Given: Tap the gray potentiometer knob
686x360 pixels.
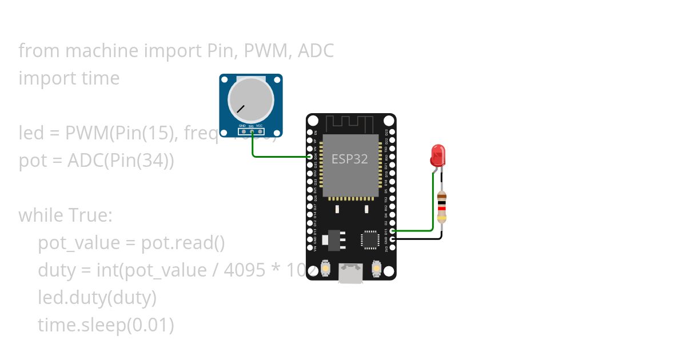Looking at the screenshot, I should tap(251, 98).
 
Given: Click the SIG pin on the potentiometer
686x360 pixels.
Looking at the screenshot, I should tap(251, 131).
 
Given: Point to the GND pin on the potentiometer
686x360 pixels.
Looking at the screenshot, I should tap(242, 131).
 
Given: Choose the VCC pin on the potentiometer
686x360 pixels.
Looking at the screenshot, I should tap(260, 131).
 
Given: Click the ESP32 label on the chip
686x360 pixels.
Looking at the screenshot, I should tap(350, 159).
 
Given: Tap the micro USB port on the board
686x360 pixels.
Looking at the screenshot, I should tap(351, 273).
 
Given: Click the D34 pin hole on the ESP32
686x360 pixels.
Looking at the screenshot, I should tap(310, 157).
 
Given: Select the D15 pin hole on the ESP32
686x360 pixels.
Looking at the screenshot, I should tap(392, 231).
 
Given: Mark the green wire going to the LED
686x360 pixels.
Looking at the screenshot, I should tap(433, 206).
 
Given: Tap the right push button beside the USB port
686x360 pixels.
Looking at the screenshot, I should tap(376, 268).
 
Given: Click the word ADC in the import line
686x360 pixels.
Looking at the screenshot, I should tap(316, 51).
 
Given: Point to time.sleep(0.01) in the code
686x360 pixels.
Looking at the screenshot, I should tap(106, 325).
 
